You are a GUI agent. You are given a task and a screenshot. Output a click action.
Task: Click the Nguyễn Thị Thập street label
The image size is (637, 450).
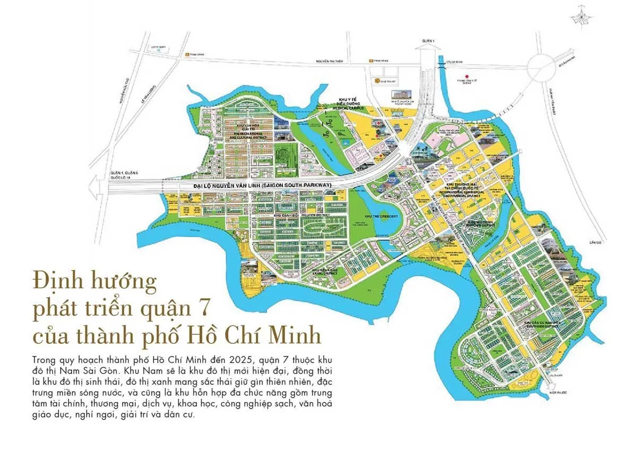coord(330,61)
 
